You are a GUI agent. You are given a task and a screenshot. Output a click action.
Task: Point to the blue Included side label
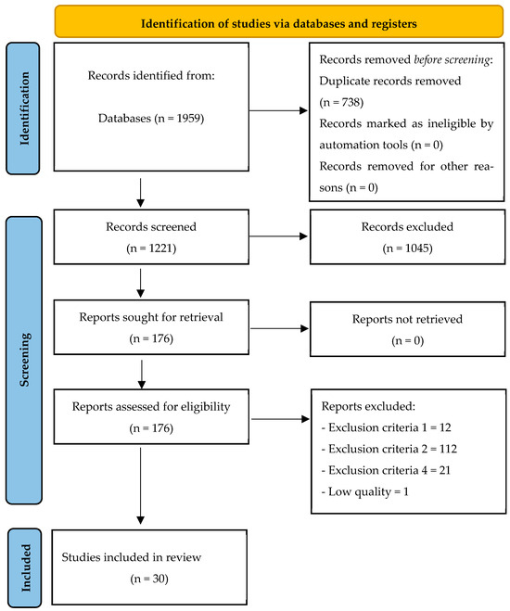tap(28, 566)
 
